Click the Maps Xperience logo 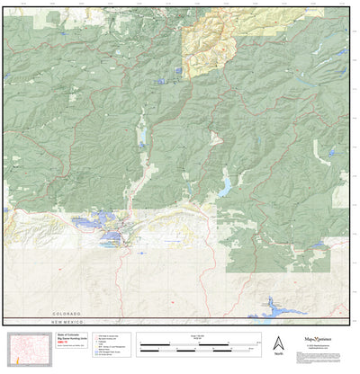(319, 342)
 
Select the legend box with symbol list (118, 345)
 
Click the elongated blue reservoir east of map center (224, 185)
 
